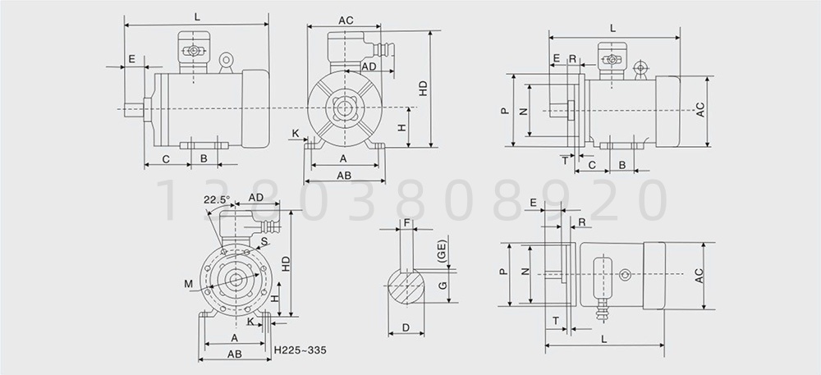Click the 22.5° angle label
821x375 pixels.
click(217, 199)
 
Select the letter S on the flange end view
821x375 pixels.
click(264, 241)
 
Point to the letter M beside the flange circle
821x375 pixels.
click(189, 284)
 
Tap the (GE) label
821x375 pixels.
click(442, 250)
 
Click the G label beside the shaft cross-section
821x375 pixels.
click(443, 285)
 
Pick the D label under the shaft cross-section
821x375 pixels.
click(406, 327)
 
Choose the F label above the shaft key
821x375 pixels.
click(407, 222)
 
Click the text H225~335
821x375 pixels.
click(300, 350)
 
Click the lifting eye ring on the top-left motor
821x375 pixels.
click(226, 59)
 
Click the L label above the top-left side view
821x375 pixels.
click(197, 16)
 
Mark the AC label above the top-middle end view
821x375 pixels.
click(346, 21)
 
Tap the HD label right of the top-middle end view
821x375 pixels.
click(424, 88)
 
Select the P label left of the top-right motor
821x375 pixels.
click(504, 110)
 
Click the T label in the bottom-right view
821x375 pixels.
click(556, 320)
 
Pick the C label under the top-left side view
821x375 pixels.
click(166, 159)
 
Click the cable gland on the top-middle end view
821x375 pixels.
click(383, 48)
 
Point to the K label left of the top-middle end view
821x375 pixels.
click(296, 134)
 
